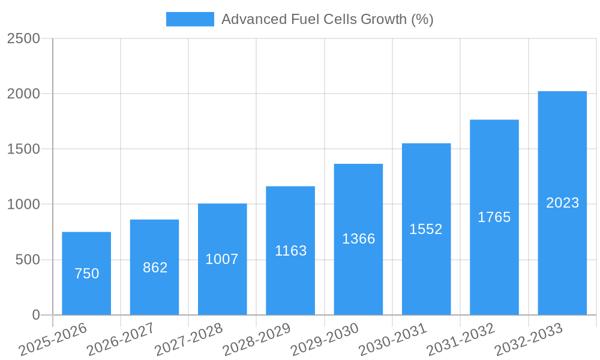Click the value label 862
[x=155, y=268]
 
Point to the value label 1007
[x=222, y=259]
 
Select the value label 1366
[x=358, y=239]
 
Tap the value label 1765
[x=494, y=217]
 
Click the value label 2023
[x=562, y=203]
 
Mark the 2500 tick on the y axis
[x=23, y=38]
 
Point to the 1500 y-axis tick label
[x=23, y=149]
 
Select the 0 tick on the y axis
[x=35, y=315]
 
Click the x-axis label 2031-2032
[x=461, y=340]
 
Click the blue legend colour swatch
[x=190, y=19]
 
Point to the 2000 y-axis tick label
[x=23, y=94]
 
